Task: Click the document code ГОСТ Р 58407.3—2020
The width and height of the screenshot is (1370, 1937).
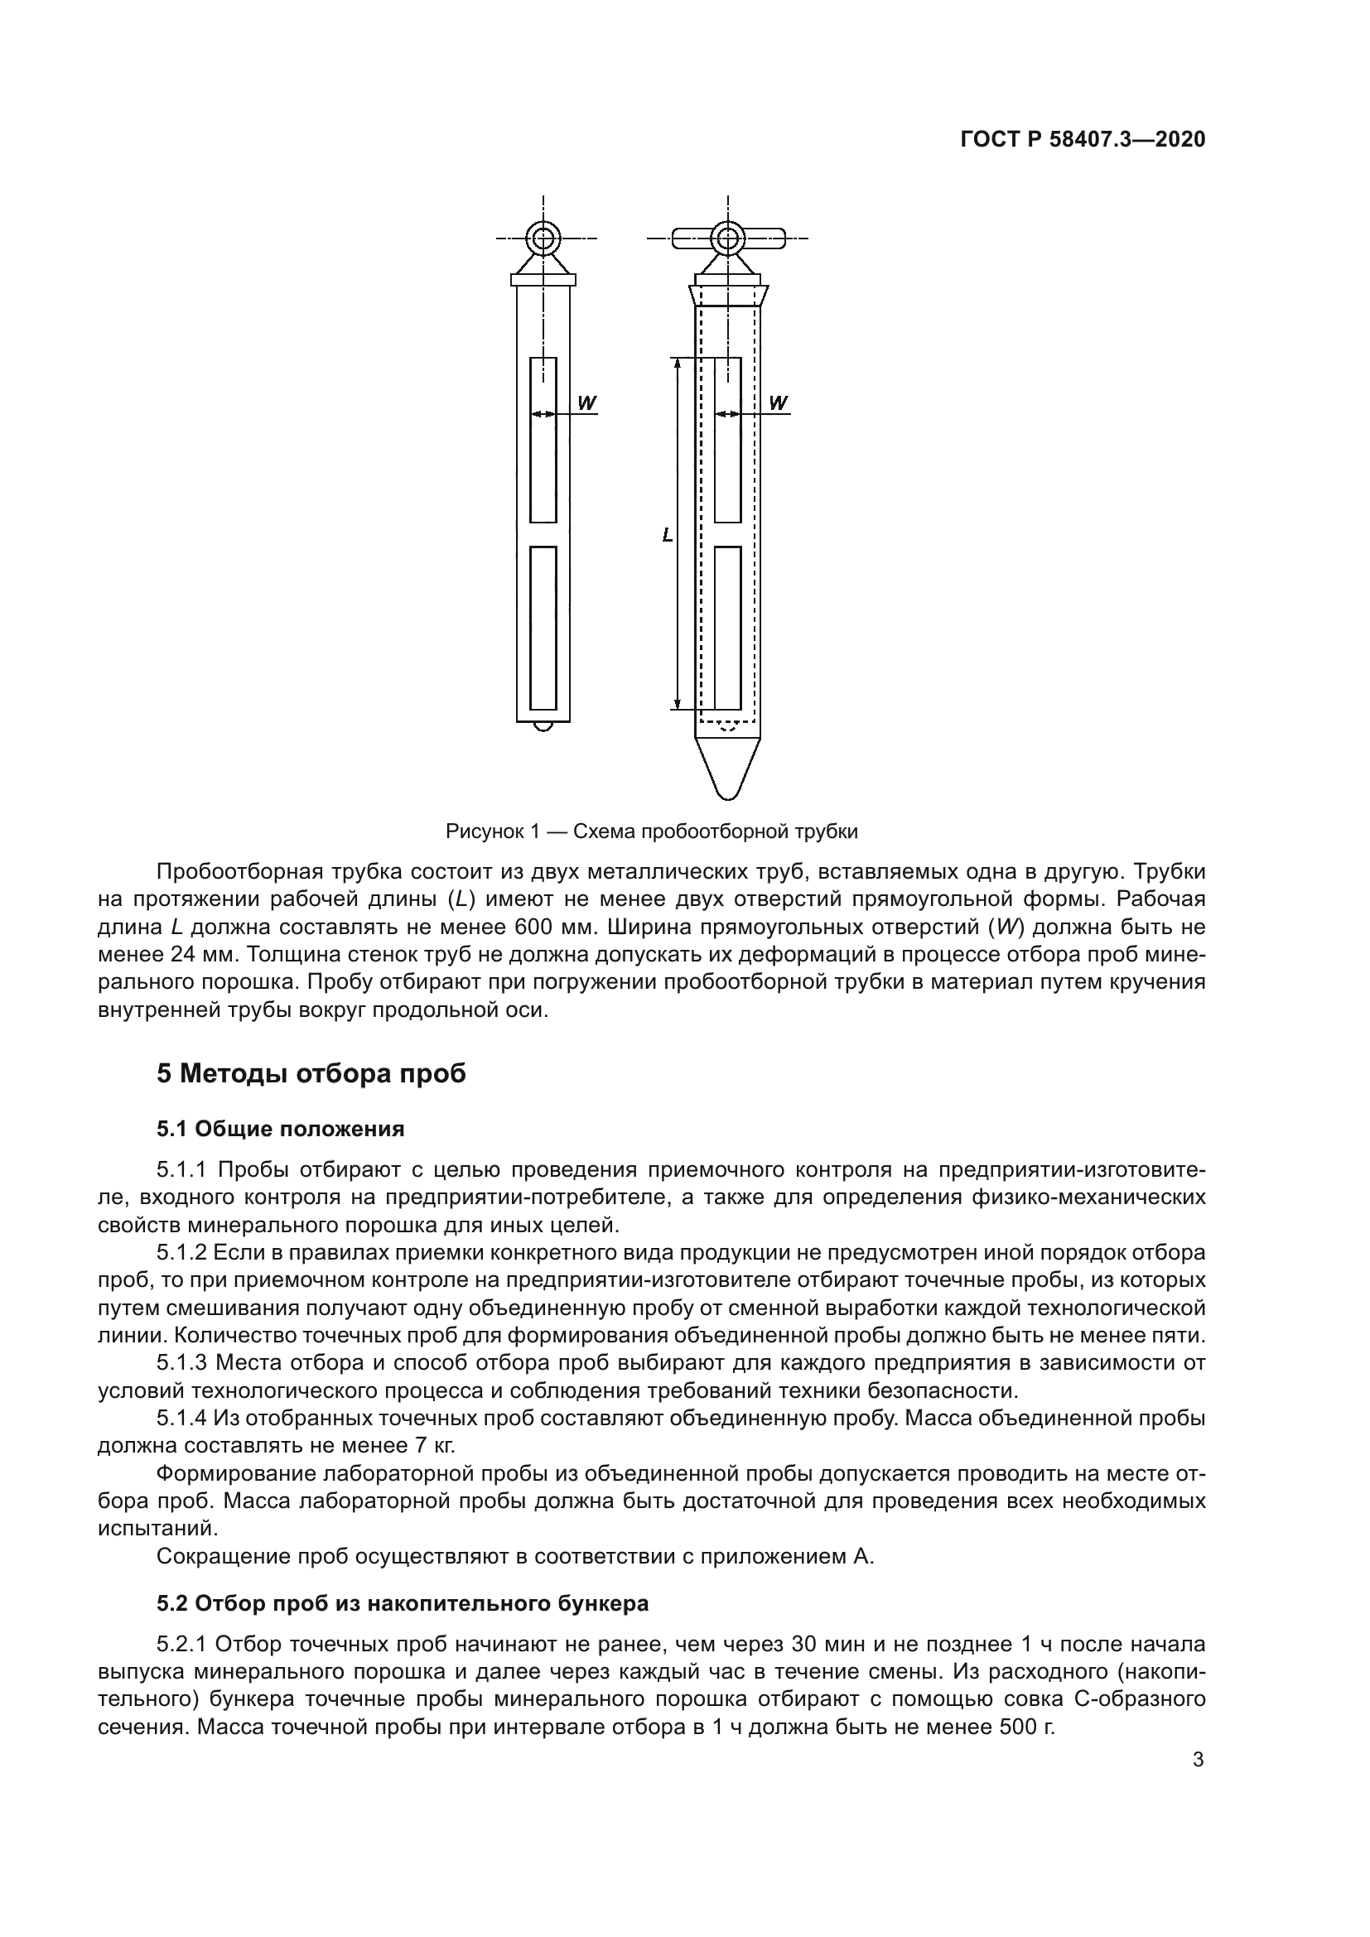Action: tap(1083, 140)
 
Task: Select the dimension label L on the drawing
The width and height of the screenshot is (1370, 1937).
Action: tap(668, 534)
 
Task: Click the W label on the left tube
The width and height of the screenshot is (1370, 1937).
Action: tap(586, 403)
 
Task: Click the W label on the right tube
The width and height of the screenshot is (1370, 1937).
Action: tap(778, 403)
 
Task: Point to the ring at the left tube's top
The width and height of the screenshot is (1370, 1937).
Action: tap(544, 239)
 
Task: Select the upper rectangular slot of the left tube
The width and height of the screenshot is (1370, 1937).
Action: tap(543, 440)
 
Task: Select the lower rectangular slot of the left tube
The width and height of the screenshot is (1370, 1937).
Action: tap(543, 628)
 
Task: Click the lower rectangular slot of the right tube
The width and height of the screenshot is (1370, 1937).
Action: tap(727, 628)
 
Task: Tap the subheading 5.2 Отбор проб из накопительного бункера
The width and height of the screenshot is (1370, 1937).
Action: tap(403, 1603)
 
